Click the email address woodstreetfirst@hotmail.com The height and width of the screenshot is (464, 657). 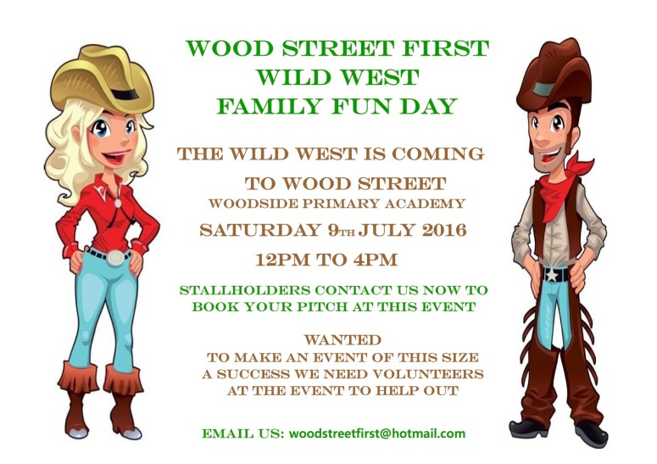tap(377, 433)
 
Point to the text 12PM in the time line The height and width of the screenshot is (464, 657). tap(281, 258)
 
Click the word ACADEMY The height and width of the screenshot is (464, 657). tap(427, 204)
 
